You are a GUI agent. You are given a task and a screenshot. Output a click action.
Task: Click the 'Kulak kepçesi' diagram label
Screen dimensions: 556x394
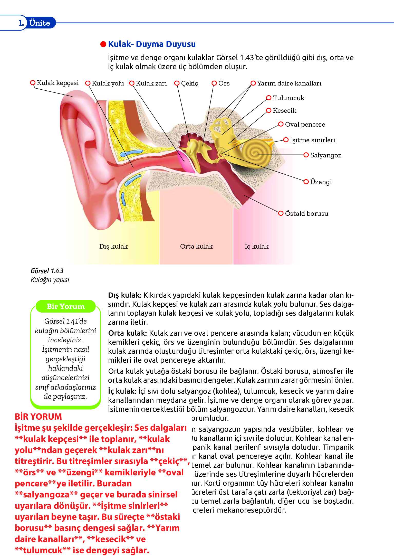click(x=57, y=83)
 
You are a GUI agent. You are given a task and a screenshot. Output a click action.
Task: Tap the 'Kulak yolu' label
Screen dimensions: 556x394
click(x=108, y=83)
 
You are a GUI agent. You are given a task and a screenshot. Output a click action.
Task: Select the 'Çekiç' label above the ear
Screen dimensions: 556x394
click(x=189, y=83)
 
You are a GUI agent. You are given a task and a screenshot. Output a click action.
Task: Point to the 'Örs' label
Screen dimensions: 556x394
click(x=224, y=83)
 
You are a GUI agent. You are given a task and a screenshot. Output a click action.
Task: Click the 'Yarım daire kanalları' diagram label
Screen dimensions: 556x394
click(x=289, y=83)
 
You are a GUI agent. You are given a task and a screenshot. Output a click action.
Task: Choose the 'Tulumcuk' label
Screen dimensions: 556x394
click(x=288, y=98)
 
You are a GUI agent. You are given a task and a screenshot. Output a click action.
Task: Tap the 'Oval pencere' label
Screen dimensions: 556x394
click(x=305, y=125)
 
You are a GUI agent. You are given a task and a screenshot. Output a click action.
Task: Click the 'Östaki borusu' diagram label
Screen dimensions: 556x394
click(x=306, y=214)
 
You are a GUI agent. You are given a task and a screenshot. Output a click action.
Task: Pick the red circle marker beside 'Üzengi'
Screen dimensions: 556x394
click(x=306, y=182)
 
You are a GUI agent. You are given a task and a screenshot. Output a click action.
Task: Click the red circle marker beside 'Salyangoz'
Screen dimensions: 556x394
click(x=306, y=155)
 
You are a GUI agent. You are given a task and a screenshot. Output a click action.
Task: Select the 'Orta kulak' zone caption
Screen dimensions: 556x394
click(x=196, y=247)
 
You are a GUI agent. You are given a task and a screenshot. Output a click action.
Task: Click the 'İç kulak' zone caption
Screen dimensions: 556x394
click(x=256, y=247)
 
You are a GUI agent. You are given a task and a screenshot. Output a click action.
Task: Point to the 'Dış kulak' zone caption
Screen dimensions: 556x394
click(x=113, y=247)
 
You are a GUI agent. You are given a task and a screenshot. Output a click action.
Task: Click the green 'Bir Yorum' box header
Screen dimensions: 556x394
click(x=66, y=306)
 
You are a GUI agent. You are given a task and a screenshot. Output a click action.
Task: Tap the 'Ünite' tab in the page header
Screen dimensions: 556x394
click(x=40, y=23)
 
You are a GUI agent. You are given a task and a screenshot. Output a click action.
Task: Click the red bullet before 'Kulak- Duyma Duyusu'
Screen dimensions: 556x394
click(x=103, y=44)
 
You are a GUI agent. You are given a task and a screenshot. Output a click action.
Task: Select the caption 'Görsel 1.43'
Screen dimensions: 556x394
click(x=47, y=271)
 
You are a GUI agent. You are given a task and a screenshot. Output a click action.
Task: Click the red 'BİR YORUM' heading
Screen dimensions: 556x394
click(x=38, y=417)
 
